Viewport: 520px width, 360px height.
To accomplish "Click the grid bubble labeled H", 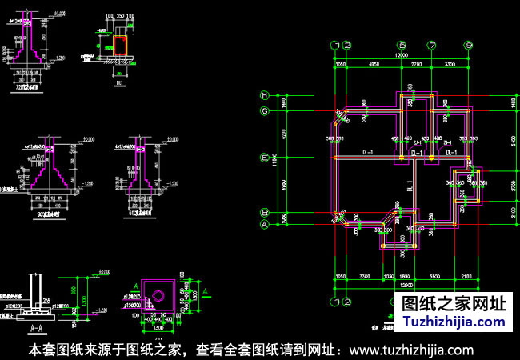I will click(264, 96).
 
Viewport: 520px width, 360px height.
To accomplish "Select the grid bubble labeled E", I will click(264, 158).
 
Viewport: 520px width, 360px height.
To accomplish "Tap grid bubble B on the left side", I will click(264, 212).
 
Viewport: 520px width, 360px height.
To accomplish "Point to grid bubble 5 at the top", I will click(402, 46).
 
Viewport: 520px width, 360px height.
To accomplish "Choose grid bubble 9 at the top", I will click(469, 46).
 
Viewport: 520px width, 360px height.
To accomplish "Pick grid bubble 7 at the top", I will click(432, 46).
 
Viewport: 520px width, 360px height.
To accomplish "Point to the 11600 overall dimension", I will click(274, 160).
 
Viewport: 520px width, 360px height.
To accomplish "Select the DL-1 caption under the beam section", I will click(118, 82).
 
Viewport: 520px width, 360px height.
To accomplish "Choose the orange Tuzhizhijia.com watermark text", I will click(453, 321).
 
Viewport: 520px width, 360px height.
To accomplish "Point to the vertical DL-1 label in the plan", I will click(409, 189).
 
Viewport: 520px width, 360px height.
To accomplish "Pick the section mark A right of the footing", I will click(206, 290).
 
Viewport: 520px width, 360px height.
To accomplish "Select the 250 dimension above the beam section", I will click(120, 15).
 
